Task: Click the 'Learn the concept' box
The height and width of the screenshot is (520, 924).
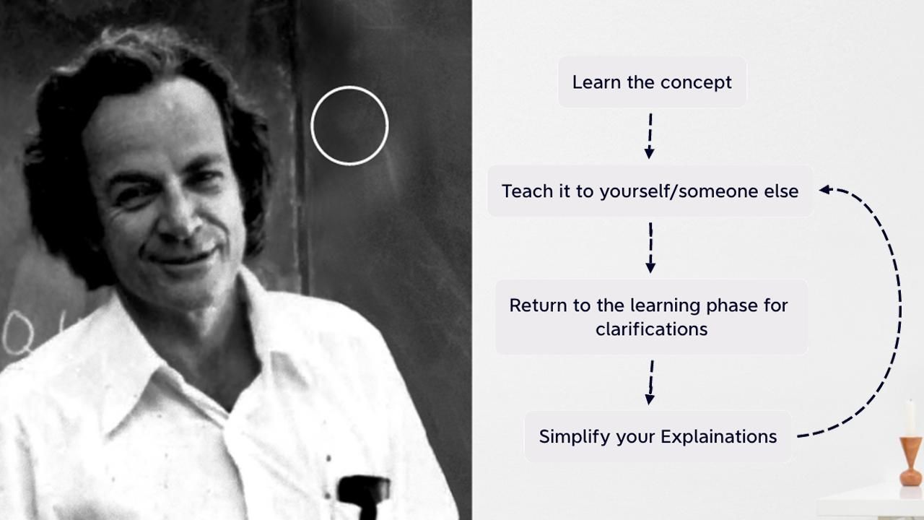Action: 652,82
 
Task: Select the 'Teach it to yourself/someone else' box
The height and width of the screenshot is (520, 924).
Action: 650,191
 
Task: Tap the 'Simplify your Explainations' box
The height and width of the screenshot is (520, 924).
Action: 658,437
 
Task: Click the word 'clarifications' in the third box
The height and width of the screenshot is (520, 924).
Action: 651,329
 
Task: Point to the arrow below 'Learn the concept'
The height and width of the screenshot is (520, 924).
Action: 650,135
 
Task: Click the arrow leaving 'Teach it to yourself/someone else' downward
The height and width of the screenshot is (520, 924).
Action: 650,248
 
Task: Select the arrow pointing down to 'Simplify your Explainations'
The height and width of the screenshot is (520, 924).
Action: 650,382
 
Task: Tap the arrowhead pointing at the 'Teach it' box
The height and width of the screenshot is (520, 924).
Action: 825,190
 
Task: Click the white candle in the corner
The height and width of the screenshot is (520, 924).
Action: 910,417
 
